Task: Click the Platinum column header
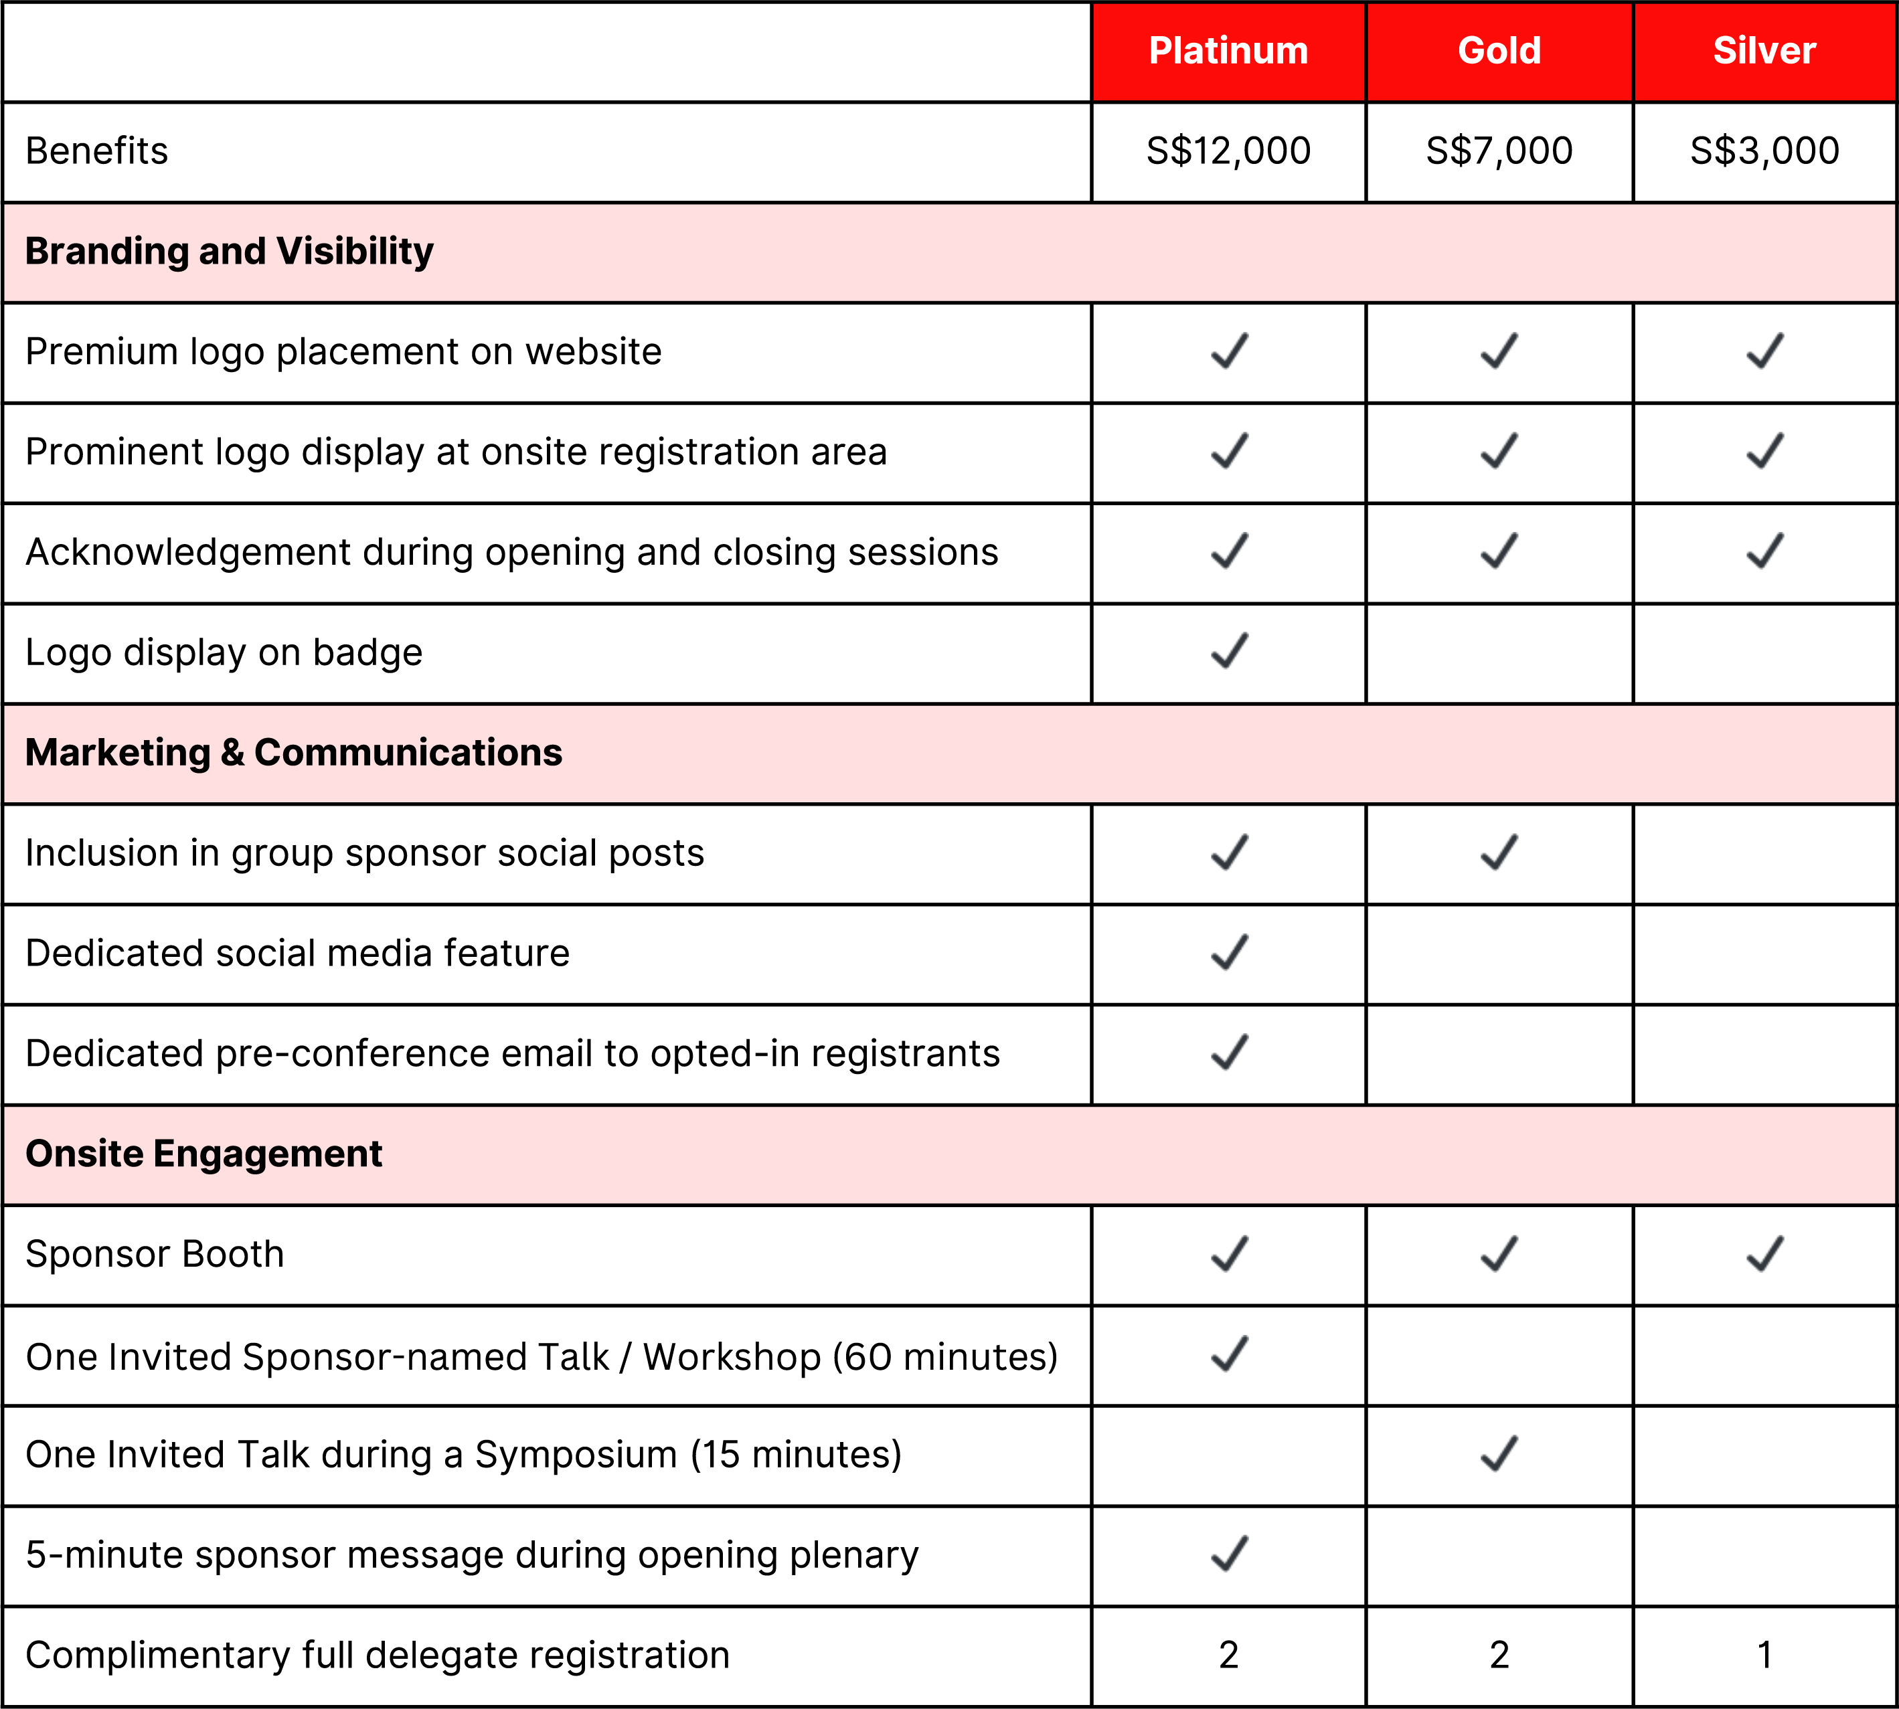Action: [1228, 51]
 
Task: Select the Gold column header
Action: [1499, 51]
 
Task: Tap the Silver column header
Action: [1764, 51]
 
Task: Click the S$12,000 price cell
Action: [1228, 151]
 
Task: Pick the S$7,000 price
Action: [1499, 151]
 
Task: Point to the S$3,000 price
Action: [1764, 151]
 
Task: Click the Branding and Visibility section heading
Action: [229, 252]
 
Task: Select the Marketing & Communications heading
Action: [293, 753]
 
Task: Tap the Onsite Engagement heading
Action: [203, 1154]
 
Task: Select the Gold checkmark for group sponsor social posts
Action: [1499, 852]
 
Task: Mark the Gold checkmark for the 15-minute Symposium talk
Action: [1499, 1453]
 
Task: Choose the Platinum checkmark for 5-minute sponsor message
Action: [1228, 1553]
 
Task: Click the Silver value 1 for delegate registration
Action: [1764, 1655]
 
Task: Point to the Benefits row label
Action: [97, 151]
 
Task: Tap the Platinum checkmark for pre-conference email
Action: [1228, 1053]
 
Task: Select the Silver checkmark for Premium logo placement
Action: [1764, 351]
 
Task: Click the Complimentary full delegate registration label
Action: [378, 1655]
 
